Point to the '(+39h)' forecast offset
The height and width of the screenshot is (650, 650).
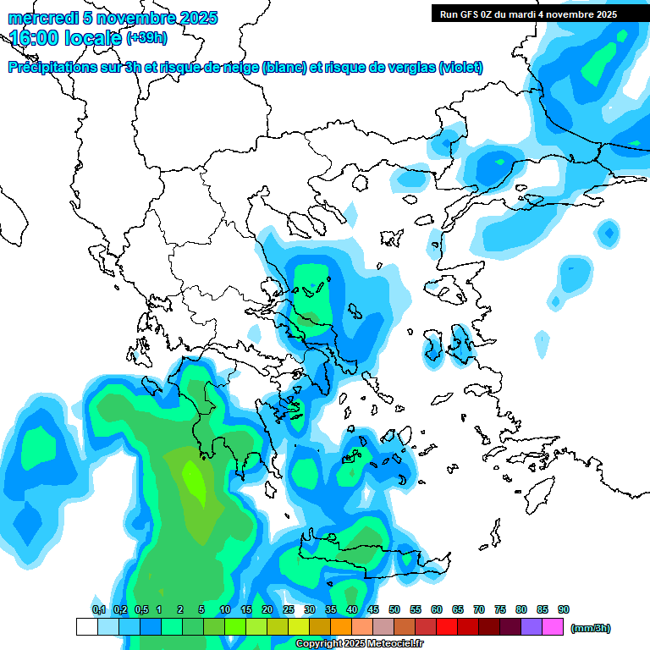tap(146, 38)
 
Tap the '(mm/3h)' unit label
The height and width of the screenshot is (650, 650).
tap(590, 628)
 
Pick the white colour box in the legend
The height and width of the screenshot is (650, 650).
tap(86, 627)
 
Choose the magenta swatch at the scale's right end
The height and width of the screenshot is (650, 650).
tap(553, 627)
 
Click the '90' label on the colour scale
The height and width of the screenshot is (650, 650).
tap(564, 610)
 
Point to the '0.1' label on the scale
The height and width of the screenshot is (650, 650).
tap(98, 610)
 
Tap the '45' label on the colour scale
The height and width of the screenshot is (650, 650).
tap(373, 610)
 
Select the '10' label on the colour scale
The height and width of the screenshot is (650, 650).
tap(225, 610)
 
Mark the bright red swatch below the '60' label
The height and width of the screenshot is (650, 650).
tap(447, 627)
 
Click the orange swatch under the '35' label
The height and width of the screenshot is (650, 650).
tap(341, 627)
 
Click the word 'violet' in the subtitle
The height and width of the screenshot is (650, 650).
tap(461, 68)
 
